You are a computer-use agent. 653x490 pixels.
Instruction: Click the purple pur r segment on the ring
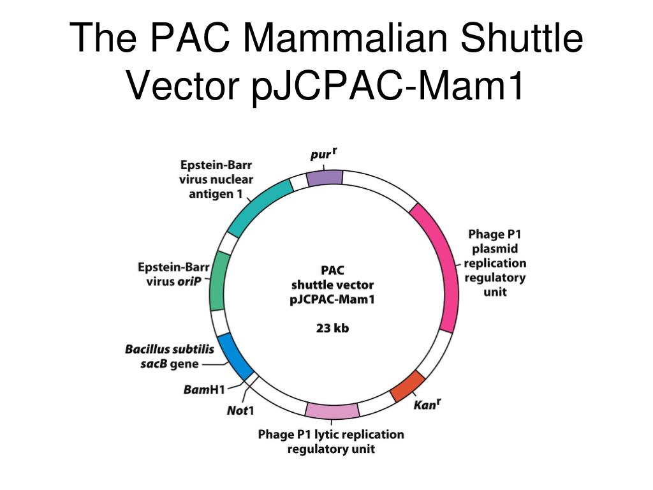click(x=325, y=177)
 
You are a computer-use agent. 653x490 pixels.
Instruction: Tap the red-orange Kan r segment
click(x=407, y=385)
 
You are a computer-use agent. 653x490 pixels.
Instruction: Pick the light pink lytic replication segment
click(x=332, y=412)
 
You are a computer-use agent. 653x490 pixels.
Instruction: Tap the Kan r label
click(x=427, y=405)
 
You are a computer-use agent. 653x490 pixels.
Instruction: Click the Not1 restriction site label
click(x=240, y=410)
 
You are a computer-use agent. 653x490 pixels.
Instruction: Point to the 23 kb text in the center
click(x=332, y=329)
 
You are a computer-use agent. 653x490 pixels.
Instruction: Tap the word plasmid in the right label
click(x=495, y=248)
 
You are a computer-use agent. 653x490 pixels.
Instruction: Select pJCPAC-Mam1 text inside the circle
click(x=332, y=299)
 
